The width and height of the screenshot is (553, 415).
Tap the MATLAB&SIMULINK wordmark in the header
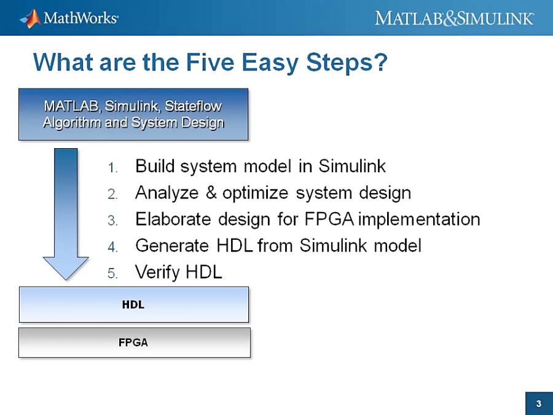[x=454, y=18]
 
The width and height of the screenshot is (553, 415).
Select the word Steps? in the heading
[x=347, y=63]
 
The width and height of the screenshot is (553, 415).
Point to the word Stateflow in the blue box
[x=194, y=106]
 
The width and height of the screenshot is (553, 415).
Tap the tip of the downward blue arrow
[x=66, y=280]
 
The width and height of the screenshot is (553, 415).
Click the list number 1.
[x=112, y=168]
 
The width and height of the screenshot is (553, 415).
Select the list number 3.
[x=112, y=221]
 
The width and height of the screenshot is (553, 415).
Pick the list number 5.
[x=112, y=274]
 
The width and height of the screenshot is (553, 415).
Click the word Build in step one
[x=155, y=166]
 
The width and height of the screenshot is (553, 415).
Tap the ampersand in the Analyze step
[x=211, y=192]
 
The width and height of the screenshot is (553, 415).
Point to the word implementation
[x=419, y=219]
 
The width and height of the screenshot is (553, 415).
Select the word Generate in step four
[x=172, y=245]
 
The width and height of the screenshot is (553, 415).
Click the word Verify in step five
[x=157, y=272]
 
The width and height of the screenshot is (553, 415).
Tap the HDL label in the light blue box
[x=133, y=304]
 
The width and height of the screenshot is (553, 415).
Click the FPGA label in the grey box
[x=133, y=342]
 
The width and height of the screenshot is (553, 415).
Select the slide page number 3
[x=538, y=404]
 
